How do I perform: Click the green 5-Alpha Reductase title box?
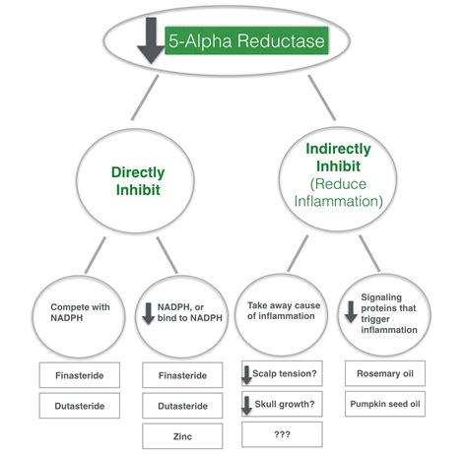(246, 40)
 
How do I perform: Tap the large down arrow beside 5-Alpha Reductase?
(151, 40)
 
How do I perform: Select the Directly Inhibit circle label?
(138, 181)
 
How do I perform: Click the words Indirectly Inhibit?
(338, 158)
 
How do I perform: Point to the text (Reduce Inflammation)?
(338, 193)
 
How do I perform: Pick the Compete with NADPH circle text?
(80, 312)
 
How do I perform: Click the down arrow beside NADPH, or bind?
(149, 313)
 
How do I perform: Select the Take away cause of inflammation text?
(284, 310)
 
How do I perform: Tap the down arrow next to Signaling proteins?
(351, 312)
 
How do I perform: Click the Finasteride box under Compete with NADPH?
(80, 375)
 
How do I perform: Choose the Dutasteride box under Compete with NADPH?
(80, 406)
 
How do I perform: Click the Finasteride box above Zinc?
(182, 375)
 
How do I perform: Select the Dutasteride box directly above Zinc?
(182, 406)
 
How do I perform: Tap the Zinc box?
(182, 436)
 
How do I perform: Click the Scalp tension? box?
(282, 373)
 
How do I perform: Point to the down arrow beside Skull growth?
(246, 405)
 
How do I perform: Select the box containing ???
(282, 434)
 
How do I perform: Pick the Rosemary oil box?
(385, 373)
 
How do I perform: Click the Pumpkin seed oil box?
(385, 404)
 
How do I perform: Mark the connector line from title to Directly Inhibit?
(145, 98)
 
